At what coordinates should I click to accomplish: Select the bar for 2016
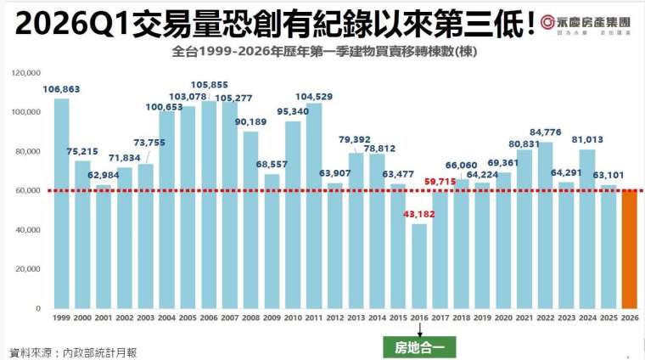point(418,265)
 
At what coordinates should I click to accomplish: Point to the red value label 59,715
point(440,181)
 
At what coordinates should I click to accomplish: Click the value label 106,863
point(61,89)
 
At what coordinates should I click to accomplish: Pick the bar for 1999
point(61,203)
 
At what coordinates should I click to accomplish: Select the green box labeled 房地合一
point(420,346)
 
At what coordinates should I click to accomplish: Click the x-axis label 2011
point(313,317)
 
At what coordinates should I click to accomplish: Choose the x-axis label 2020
point(503,317)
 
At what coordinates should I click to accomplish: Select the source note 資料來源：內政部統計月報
point(72,352)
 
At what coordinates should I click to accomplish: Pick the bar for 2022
point(545,225)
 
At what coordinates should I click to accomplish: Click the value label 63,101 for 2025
point(609,176)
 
